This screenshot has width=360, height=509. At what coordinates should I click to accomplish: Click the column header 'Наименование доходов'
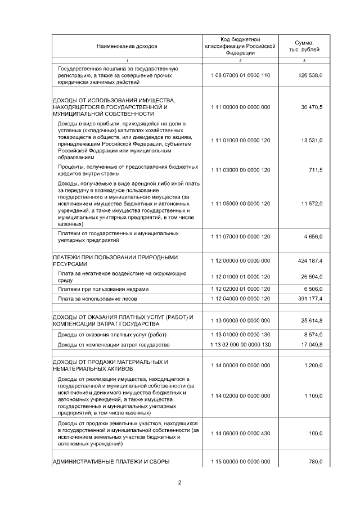[x=127, y=46]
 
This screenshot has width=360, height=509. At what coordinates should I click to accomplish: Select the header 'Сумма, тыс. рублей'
[x=304, y=46]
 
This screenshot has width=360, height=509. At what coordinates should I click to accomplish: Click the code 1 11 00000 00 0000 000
[x=240, y=106]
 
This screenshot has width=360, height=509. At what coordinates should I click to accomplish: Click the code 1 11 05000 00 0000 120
[x=240, y=203]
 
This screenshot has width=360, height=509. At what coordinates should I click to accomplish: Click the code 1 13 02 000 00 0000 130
[x=240, y=344]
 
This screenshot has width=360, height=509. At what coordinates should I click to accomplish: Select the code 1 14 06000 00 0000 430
[x=240, y=433]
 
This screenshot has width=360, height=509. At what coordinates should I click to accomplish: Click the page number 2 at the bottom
[x=179, y=483]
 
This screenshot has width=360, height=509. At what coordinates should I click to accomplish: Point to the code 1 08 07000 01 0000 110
[x=240, y=75]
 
